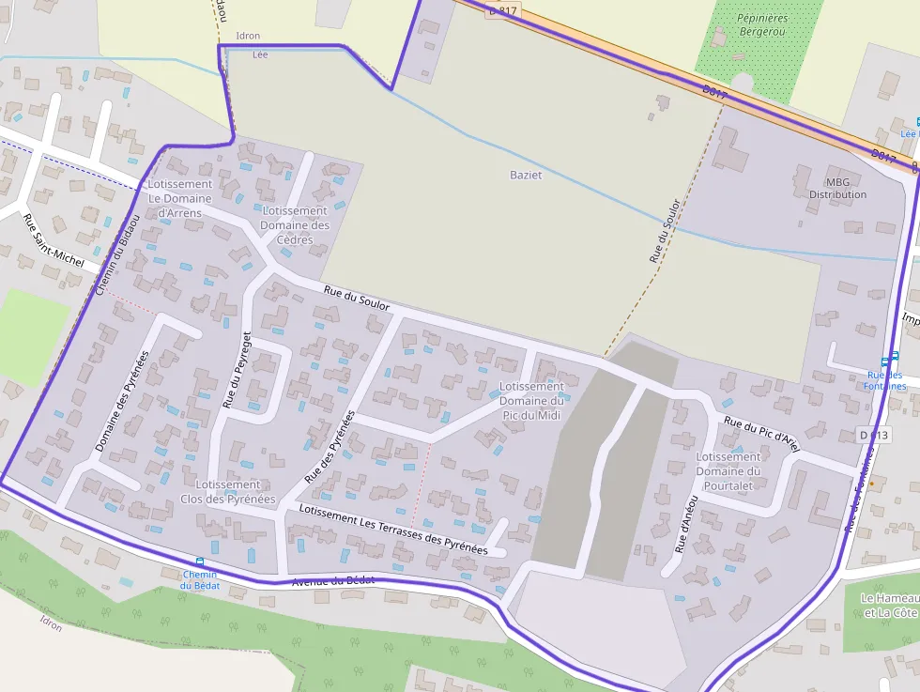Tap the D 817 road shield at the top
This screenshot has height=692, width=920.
pos(503,10)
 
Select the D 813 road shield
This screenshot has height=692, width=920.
pos(873,435)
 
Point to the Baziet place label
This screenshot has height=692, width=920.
pos(526,175)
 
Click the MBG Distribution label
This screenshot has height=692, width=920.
pos(837,188)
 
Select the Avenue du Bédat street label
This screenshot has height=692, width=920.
pos(333,581)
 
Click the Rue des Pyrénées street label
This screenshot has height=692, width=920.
pos(330,447)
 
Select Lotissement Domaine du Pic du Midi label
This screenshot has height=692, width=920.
pos(532,400)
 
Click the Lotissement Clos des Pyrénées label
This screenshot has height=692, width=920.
pos(228,492)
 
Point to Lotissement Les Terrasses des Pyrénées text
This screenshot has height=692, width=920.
pos(393,530)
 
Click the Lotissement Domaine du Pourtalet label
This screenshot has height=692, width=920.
pos(728,471)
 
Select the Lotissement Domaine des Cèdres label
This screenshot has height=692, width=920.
pos(294,225)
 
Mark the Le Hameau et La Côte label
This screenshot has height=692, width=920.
pos(889,606)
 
